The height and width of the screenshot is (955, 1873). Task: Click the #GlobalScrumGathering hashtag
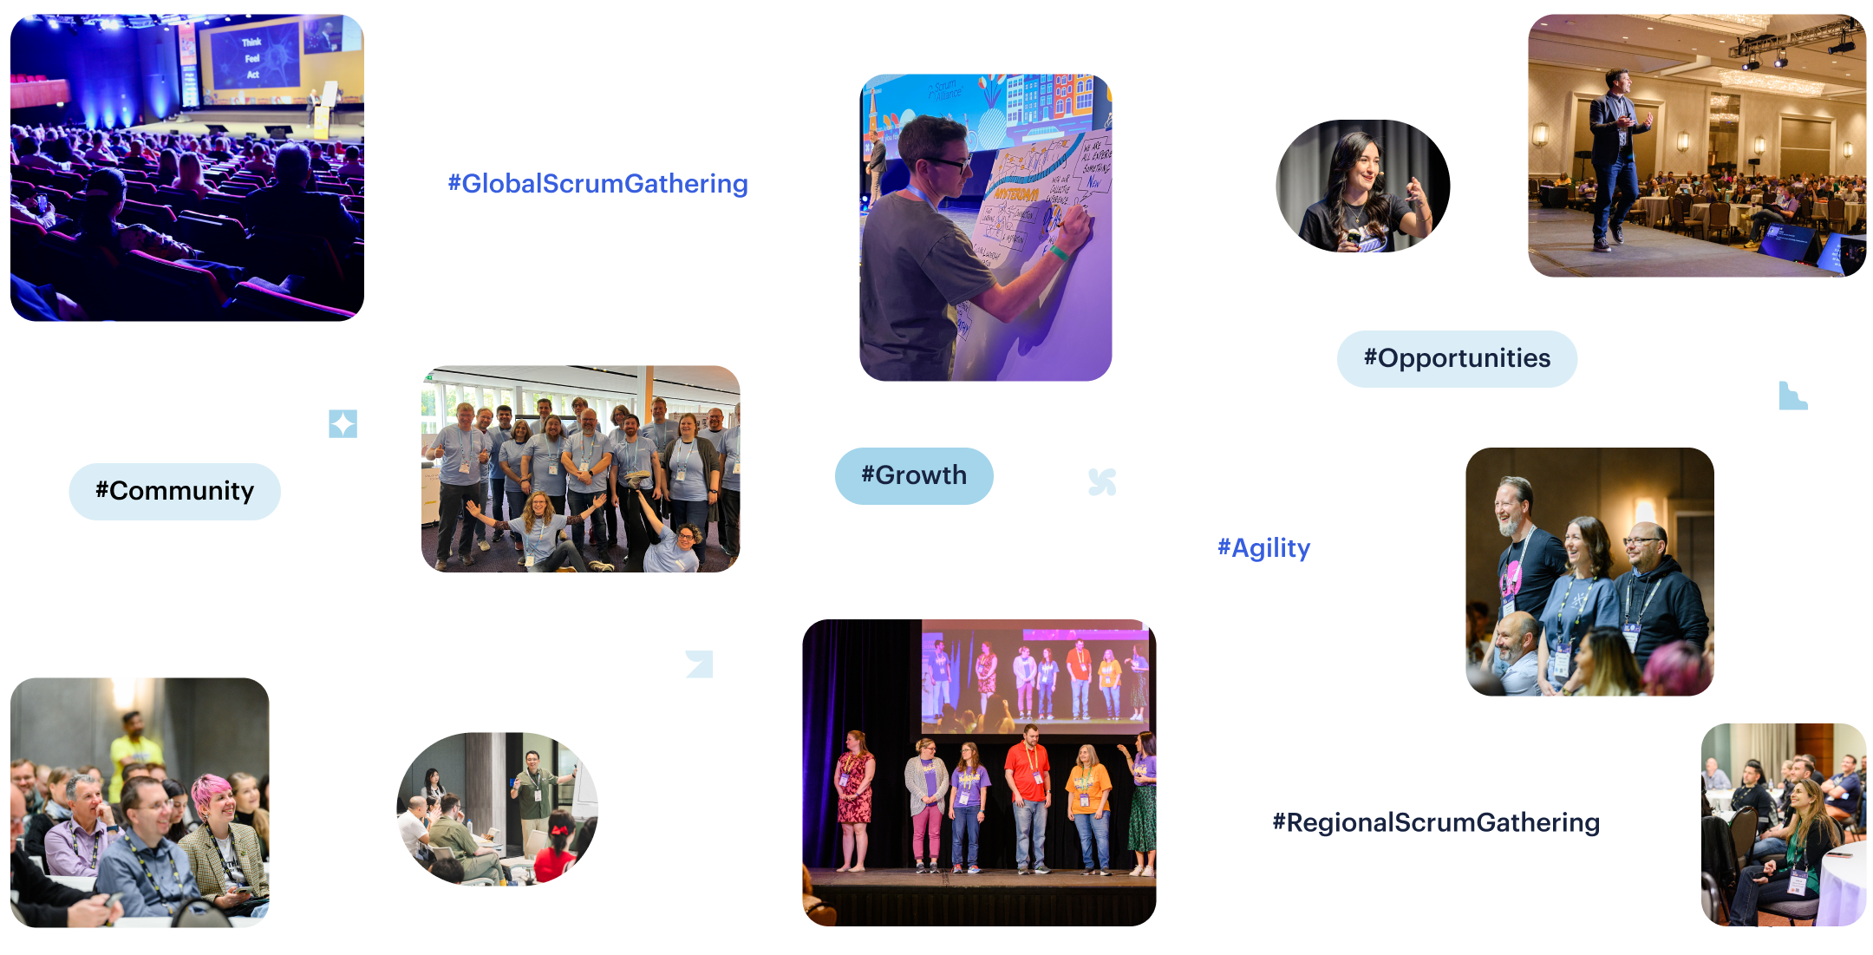(597, 184)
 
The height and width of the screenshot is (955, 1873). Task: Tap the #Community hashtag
(174, 491)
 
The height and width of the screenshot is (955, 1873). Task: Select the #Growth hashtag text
(914, 475)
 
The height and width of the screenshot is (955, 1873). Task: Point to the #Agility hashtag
(1263, 548)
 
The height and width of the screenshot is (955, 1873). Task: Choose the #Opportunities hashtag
(1457, 358)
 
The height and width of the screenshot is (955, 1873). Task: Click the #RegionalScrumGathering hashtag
(1436, 822)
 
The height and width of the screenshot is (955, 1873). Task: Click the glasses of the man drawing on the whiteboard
(950, 162)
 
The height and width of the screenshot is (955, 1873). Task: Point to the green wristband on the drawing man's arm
(1059, 253)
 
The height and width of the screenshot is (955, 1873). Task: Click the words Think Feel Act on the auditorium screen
(251, 58)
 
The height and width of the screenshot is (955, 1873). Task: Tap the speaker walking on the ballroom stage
(1613, 156)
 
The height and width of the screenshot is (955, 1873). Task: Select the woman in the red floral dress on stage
(855, 794)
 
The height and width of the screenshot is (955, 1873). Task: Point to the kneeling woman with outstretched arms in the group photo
(538, 525)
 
